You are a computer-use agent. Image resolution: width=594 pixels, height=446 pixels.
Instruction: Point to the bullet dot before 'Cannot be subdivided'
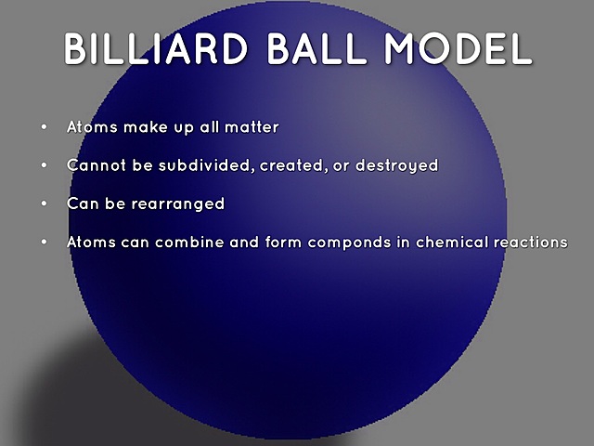coord(43,165)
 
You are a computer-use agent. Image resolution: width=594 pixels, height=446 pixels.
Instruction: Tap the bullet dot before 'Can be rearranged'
coord(43,203)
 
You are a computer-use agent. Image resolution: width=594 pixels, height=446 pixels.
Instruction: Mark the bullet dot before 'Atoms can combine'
coord(43,242)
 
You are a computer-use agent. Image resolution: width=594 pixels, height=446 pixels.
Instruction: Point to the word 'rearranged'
coord(178,203)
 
